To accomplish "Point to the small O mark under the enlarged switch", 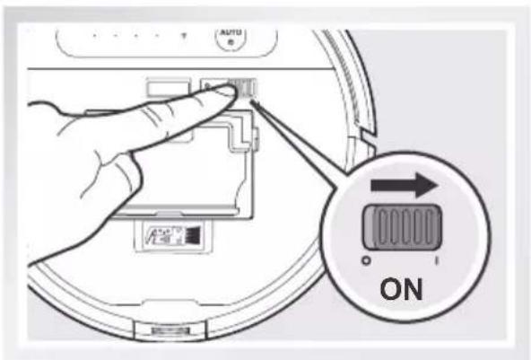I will pyautogui.click(x=366, y=260).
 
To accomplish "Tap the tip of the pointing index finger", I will pyautogui.click(x=224, y=96).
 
